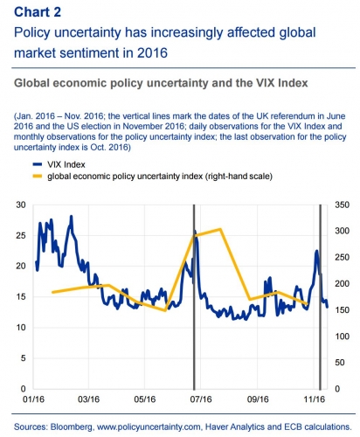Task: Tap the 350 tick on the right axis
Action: point(339,205)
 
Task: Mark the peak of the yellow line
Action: point(221,229)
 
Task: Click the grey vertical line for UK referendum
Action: point(193,297)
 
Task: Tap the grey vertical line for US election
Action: point(320,297)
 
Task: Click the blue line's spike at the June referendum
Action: point(196,232)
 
